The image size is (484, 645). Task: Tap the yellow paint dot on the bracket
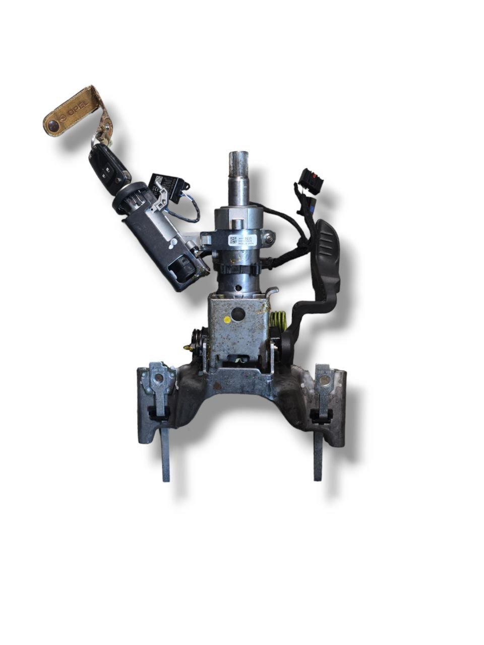[x=228, y=319]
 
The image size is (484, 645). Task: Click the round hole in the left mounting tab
[x=157, y=377]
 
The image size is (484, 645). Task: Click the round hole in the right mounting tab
[x=323, y=378]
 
